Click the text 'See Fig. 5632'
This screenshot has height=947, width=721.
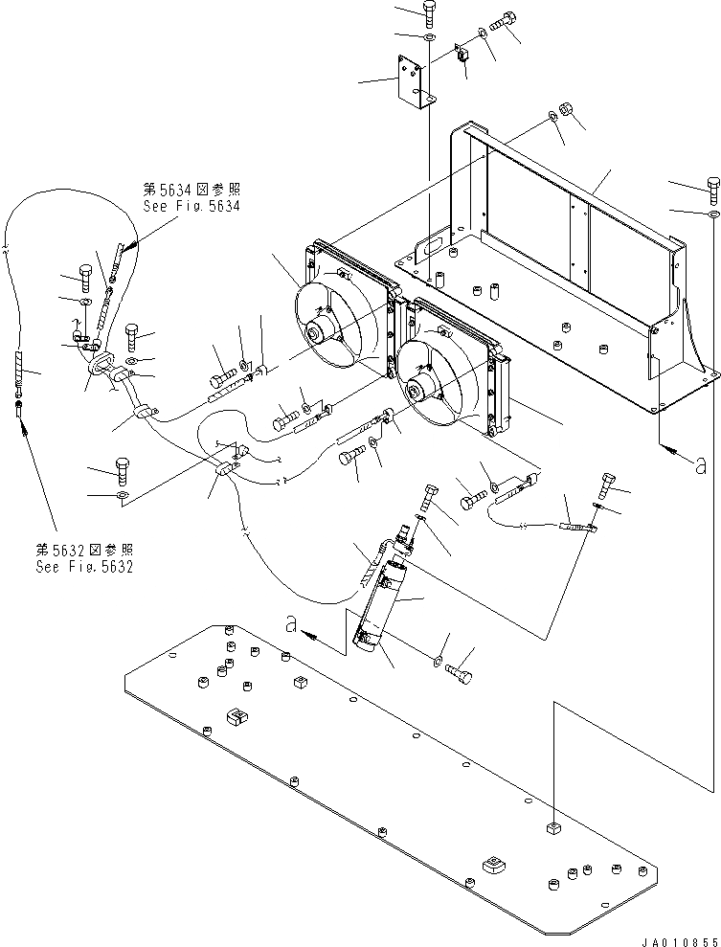pyautogui.click(x=84, y=566)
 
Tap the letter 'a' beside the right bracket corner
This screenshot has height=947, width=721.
pyautogui.click(x=700, y=465)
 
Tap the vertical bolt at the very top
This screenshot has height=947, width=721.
pyautogui.click(x=428, y=13)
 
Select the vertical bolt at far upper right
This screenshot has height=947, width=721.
pyautogui.click(x=713, y=188)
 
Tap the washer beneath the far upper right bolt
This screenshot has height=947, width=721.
pyautogui.click(x=713, y=217)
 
